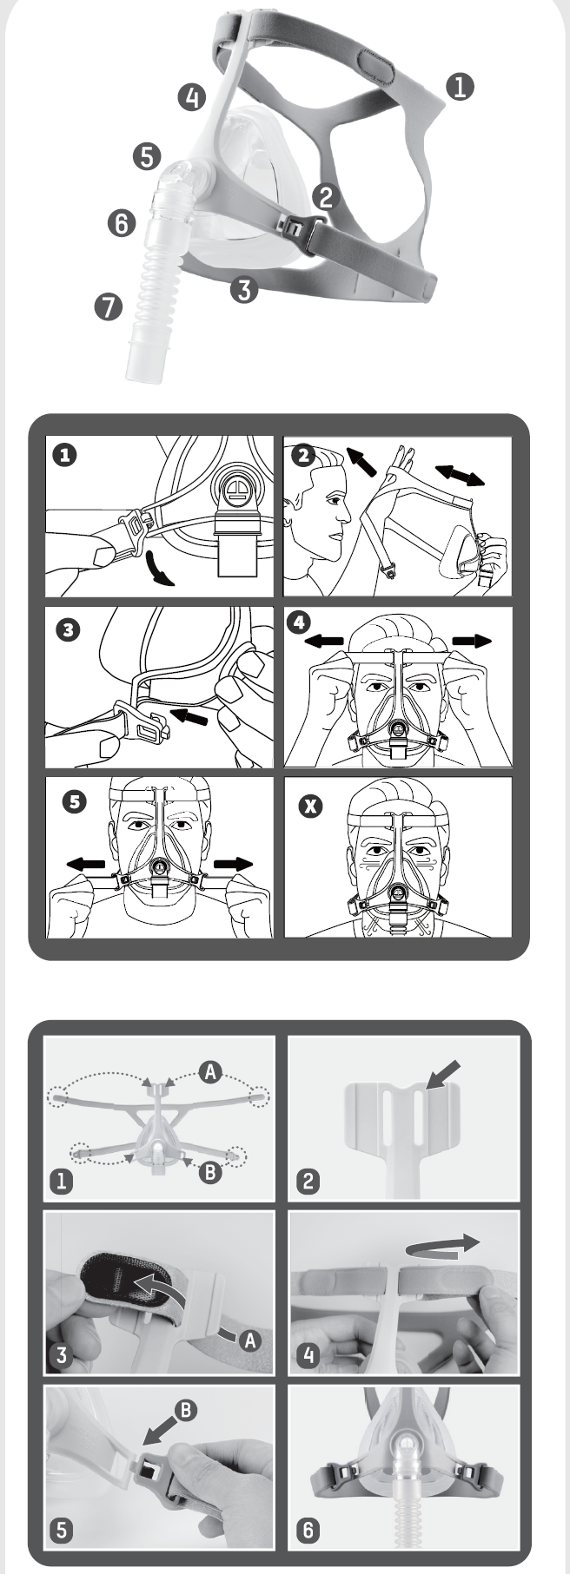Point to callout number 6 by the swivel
tap(123, 223)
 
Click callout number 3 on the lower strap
tap(246, 289)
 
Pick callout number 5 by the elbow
tap(148, 156)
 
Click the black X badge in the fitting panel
tap(308, 806)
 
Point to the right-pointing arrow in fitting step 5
tap(233, 864)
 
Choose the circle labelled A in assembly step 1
tap(209, 1072)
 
